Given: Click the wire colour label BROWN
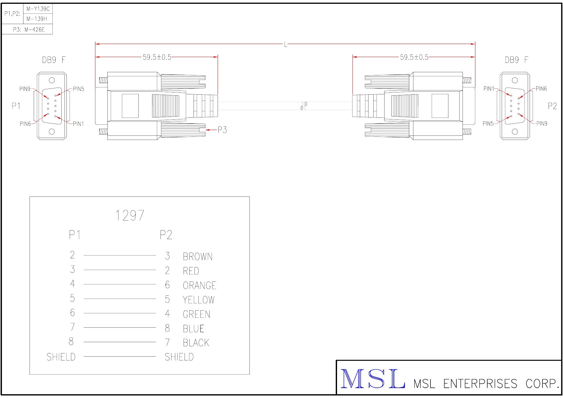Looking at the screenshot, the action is pos(198,257).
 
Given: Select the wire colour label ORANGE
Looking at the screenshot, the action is pos(199,285).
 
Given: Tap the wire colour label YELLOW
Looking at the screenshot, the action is pos(199,300).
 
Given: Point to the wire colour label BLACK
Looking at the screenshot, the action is pos(196,343).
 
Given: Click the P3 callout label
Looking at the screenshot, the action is pos(222,130).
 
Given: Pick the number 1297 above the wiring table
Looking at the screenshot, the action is pos(130,216).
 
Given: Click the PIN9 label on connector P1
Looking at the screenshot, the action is pos(25,89).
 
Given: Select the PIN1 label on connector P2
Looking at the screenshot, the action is pos(489,89).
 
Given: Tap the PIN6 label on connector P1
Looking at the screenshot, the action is pos(25,124).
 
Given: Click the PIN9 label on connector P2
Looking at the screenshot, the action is pos(542,124).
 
